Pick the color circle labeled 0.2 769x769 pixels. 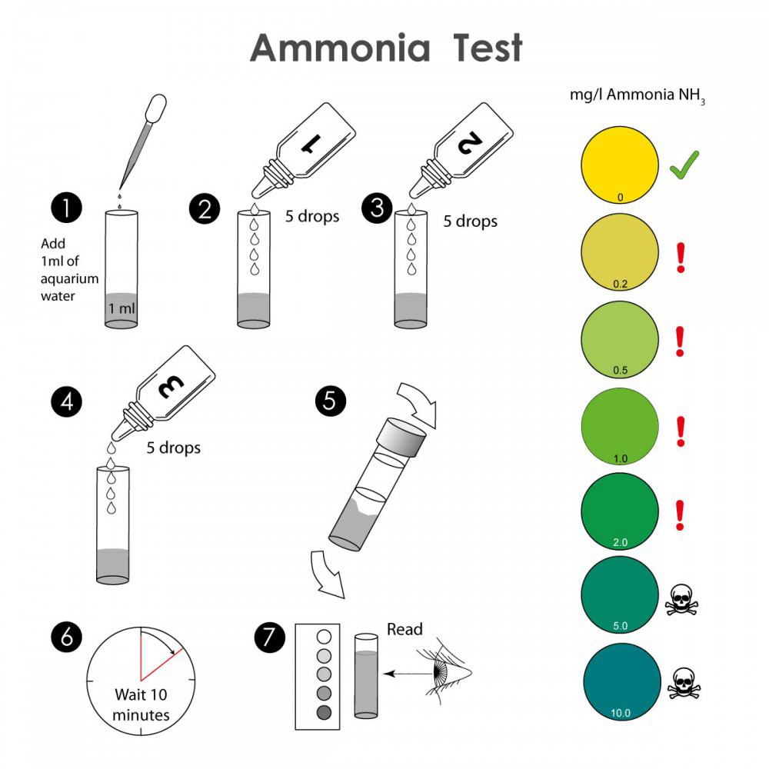pos(620,252)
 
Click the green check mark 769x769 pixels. pos(684,165)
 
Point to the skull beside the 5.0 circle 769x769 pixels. pos(682,601)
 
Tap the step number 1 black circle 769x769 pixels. pos(65,208)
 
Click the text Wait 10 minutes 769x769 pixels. pos(141,704)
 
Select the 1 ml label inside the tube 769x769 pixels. pos(122,308)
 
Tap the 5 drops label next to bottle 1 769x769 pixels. pos(312,216)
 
